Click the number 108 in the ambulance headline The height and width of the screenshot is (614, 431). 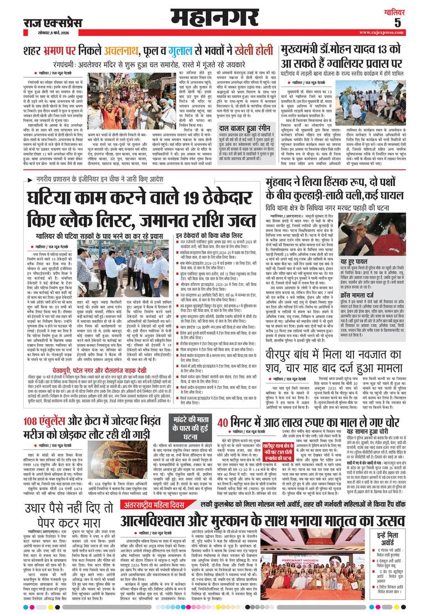[36, 435]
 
